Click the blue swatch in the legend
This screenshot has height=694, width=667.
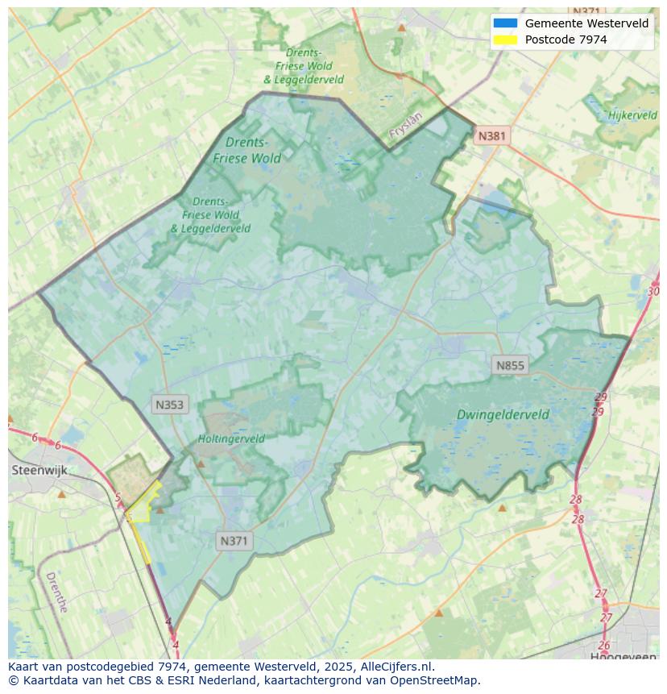[x=505, y=23]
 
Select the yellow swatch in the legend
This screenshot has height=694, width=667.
[x=505, y=39]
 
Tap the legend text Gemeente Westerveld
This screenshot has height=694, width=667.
[x=586, y=23]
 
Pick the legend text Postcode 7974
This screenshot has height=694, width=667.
[x=565, y=39]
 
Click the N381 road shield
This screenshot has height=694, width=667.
[x=491, y=136]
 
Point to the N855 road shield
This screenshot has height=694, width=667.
[x=509, y=366]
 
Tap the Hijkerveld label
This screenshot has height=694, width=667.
[x=632, y=115]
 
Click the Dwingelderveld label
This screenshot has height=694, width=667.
[x=503, y=415]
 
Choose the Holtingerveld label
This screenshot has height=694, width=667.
[x=231, y=439]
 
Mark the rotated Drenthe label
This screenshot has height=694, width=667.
[x=56, y=592]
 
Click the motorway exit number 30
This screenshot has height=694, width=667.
[x=652, y=291]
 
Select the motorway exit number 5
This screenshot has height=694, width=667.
[x=118, y=497]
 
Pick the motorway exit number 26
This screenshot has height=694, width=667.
[x=604, y=646]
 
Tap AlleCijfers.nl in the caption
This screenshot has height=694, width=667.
[x=397, y=667]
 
